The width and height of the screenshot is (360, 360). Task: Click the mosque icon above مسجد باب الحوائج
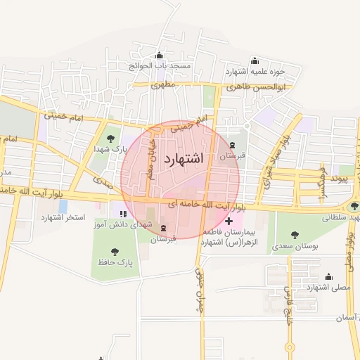pyautogui.click(x=160, y=56)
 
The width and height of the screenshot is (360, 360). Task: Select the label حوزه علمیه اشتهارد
pyautogui.click(x=255, y=71)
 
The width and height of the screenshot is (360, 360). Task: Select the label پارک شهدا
pyautogui.click(x=108, y=149)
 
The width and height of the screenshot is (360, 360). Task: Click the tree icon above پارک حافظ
pyautogui.click(x=115, y=251)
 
